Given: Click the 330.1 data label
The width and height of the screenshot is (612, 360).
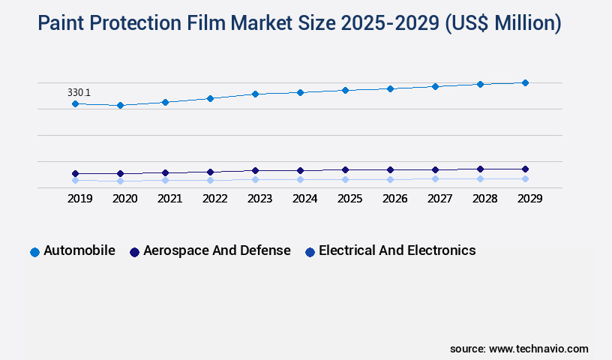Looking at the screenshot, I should click(79, 92).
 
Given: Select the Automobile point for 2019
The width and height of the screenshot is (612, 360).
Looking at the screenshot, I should click(75, 103).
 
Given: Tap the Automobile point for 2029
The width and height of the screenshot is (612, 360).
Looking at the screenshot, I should click(525, 82).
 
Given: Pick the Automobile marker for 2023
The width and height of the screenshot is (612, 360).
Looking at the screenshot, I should click(255, 94).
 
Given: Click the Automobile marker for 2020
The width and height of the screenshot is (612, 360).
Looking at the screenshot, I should click(120, 106).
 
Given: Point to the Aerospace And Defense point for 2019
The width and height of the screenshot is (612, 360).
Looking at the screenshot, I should click(75, 173).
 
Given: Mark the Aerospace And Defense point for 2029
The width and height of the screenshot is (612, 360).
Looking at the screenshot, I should click(525, 169).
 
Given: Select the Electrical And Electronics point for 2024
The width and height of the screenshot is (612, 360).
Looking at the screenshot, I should click(300, 179).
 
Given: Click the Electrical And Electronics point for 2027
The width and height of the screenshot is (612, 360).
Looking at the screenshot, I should click(435, 178).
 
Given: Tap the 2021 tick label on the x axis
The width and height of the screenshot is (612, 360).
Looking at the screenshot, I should click(169, 199).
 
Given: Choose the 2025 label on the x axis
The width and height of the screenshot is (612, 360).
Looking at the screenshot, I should click(349, 199).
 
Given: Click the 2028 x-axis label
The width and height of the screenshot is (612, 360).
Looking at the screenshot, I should click(484, 199).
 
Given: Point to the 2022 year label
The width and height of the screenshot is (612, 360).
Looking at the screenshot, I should click(214, 199).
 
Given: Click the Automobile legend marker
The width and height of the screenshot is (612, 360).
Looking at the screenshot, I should click(34, 252).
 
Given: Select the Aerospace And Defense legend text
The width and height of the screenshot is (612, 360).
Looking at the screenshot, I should click(217, 250).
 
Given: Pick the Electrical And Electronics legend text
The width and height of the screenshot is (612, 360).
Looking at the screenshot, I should click(397, 250).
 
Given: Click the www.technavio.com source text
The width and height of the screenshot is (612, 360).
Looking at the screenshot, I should click(538, 349).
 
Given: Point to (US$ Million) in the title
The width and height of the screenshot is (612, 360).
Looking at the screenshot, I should click(502, 24).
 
